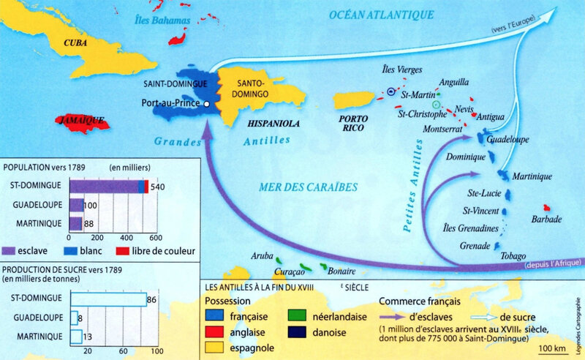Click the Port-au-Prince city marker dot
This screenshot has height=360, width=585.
coord(207,105)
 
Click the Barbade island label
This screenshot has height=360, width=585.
coord(548,219)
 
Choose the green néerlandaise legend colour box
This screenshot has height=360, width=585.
coord(296,315)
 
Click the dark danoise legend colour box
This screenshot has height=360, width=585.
coord(296,330)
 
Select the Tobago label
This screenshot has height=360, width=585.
coord(512,255)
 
